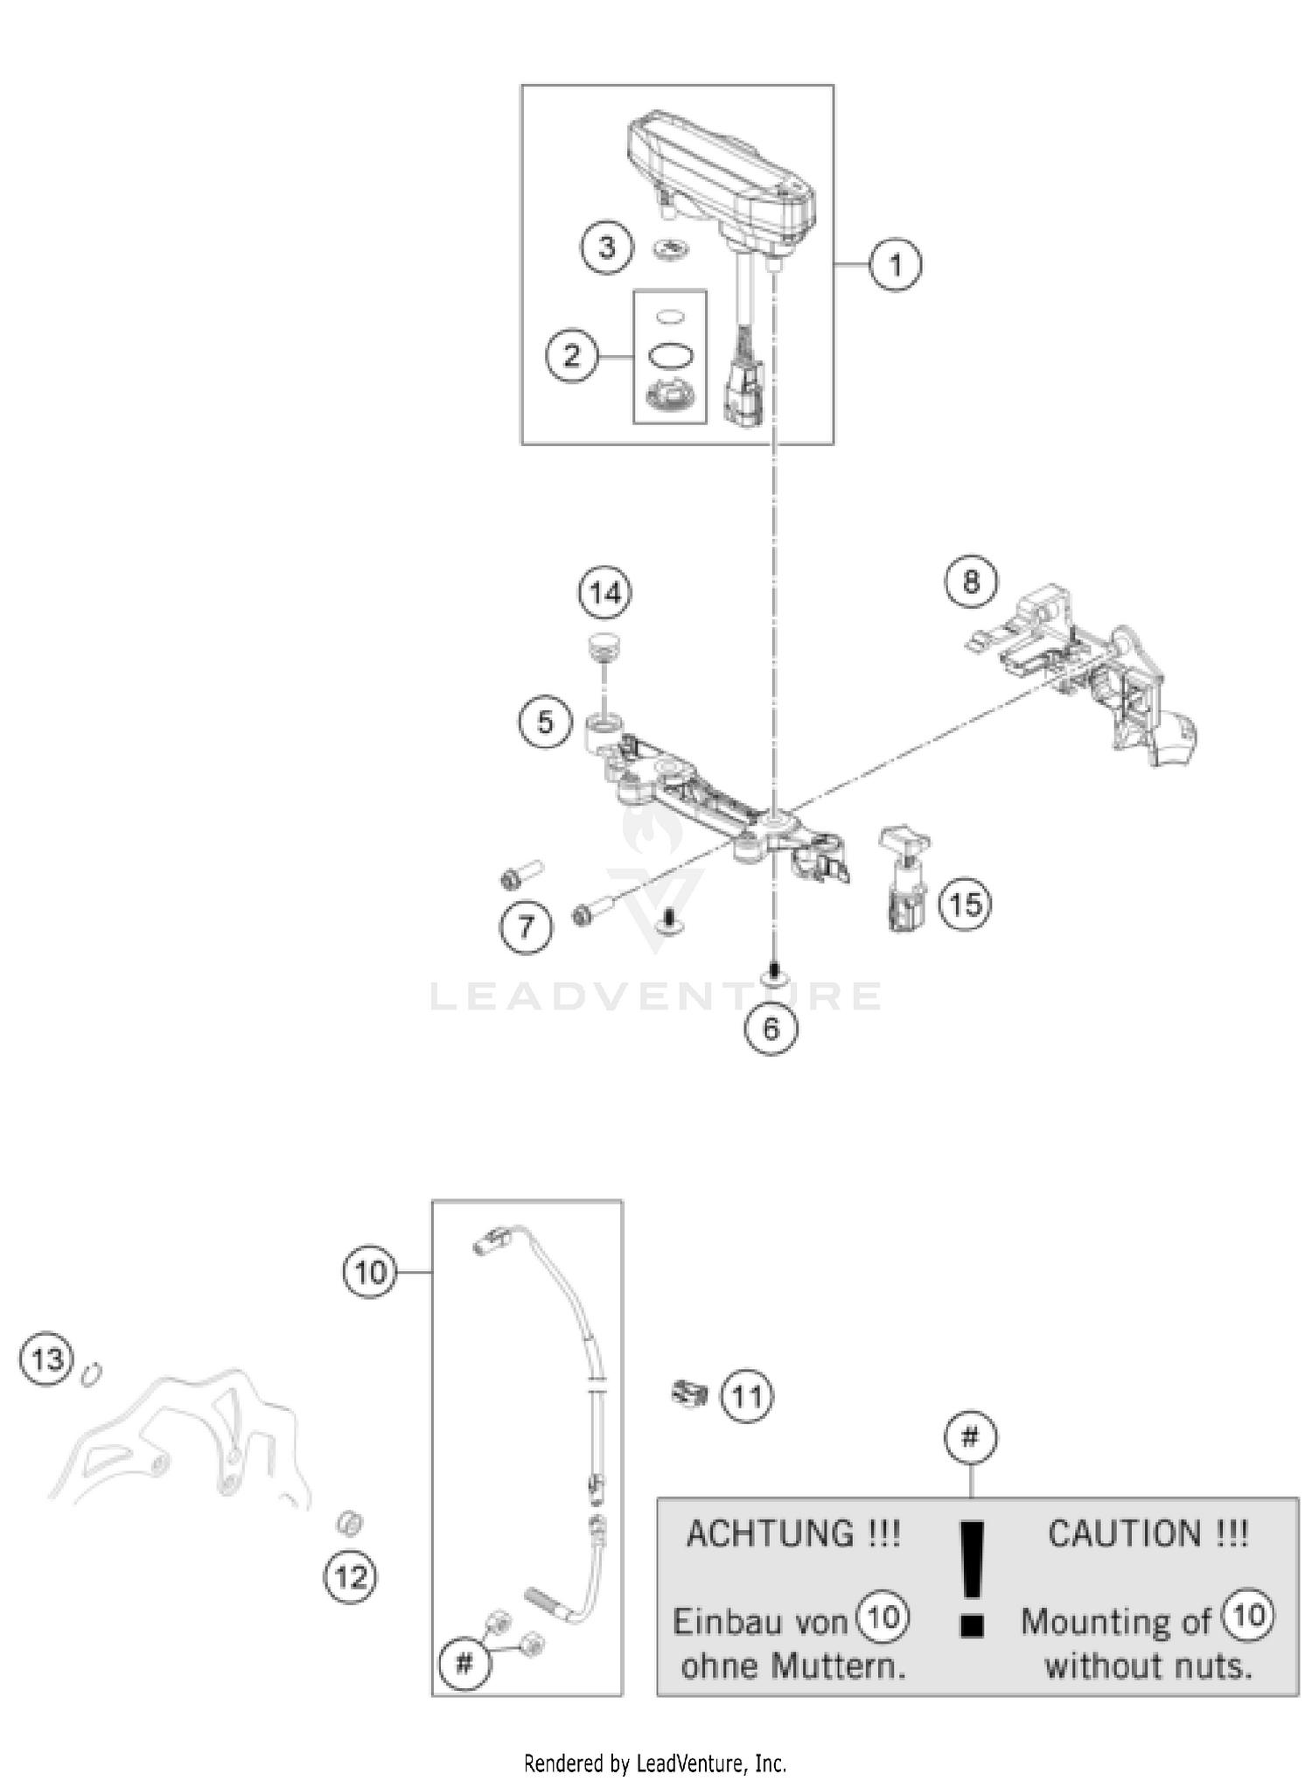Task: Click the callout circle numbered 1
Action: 894,263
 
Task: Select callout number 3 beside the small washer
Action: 607,248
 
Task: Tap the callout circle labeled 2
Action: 572,356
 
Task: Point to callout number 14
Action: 605,593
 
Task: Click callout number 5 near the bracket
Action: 545,723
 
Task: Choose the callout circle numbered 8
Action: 971,582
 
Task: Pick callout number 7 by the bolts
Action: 526,925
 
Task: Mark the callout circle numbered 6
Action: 771,1028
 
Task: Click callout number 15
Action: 965,904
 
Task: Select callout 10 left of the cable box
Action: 370,1271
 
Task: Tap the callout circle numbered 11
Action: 746,1396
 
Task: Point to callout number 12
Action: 351,1577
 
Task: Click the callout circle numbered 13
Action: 46,1359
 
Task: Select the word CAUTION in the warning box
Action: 1125,1533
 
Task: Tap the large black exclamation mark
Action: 972,1576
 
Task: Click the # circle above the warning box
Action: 971,1437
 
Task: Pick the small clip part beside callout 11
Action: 689,1393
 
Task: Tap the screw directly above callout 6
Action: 772,971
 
